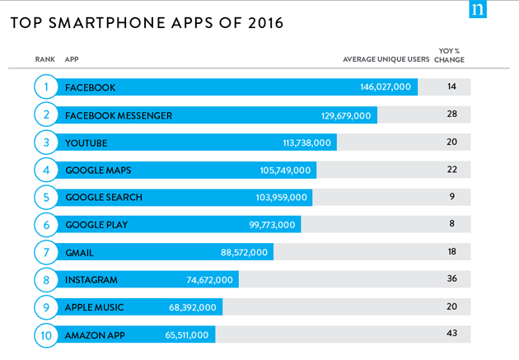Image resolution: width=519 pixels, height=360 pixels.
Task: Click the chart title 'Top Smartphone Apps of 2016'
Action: click(147, 23)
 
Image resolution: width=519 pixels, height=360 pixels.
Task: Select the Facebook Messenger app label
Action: click(119, 115)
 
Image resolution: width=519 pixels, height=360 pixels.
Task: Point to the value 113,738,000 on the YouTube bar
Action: click(306, 143)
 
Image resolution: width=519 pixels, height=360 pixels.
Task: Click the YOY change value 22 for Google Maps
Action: click(451, 169)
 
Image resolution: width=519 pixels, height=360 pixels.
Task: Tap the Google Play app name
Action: click(96, 225)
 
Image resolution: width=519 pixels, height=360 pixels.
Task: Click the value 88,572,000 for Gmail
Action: click(245, 252)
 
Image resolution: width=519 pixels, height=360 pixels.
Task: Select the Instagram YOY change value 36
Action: click(451, 278)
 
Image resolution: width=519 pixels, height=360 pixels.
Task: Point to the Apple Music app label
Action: click(95, 307)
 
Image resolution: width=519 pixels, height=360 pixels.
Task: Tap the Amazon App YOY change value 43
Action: click(451, 333)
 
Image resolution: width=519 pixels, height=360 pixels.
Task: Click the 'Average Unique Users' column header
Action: click(386, 59)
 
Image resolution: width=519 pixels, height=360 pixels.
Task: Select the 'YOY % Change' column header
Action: click(450, 55)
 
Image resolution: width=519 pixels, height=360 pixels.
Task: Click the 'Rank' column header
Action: click(44, 59)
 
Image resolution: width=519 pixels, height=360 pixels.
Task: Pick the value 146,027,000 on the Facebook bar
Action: click(386, 87)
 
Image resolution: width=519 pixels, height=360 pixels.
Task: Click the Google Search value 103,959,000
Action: click(282, 198)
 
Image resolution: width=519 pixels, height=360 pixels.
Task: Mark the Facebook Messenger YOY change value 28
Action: click(451, 114)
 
